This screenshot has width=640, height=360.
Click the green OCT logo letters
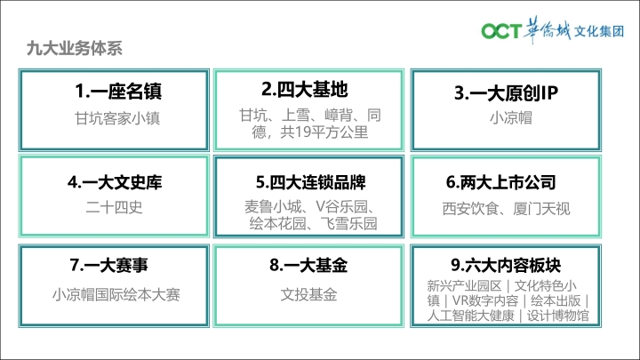[x=501, y=31]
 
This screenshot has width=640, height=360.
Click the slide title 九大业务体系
[x=75, y=48]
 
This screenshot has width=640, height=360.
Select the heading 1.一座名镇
[x=118, y=91]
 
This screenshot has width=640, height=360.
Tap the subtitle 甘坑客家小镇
[x=117, y=118]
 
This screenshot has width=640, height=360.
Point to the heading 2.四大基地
[x=305, y=90]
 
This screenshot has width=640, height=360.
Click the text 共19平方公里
[x=324, y=132]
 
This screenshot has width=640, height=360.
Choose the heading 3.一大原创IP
[x=506, y=93]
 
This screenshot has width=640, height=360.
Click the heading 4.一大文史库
[x=115, y=182]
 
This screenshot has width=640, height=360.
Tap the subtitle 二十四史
[x=115, y=207]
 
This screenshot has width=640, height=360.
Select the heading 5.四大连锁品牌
[x=310, y=182]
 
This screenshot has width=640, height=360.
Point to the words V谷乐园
[x=342, y=207]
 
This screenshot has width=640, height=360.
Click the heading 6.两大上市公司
[x=500, y=182]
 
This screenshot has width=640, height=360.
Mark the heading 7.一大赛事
[x=108, y=265]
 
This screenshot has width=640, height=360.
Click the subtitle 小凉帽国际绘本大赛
[x=116, y=295]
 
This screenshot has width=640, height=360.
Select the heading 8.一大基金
[x=308, y=265]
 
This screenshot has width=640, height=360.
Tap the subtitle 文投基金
[x=308, y=295]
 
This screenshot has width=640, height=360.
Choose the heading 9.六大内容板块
[x=506, y=265]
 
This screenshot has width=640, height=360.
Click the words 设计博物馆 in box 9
[x=558, y=316]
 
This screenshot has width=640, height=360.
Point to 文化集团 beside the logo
[x=599, y=31]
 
